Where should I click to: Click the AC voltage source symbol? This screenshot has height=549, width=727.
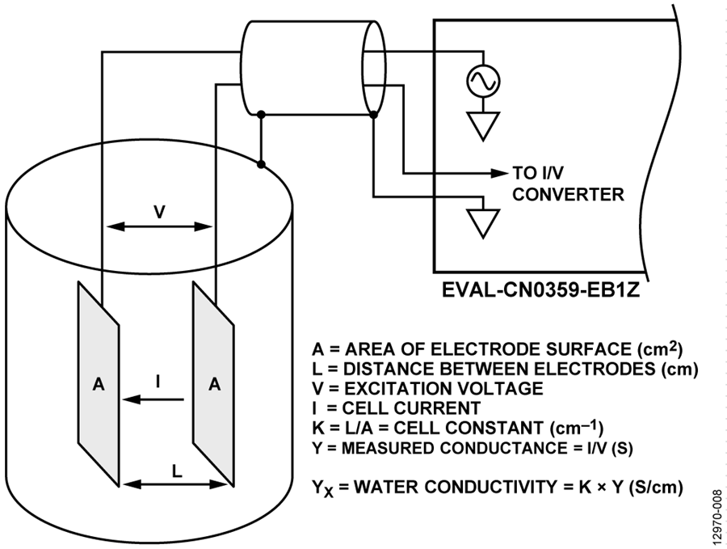pyautogui.click(x=483, y=81)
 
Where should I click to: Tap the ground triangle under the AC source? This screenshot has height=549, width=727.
pyautogui.click(x=483, y=126)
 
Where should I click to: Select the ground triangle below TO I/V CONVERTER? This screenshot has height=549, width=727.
pyautogui.click(x=483, y=224)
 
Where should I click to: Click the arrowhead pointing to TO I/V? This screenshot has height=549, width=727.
pyautogui.click(x=499, y=174)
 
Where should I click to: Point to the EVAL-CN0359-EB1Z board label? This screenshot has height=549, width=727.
pyautogui.click(x=541, y=290)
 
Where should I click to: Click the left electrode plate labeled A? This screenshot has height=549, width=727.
pyautogui.click(x=99, y=384)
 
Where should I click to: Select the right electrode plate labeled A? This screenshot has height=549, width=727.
pyautogui.click(x=213, y=384)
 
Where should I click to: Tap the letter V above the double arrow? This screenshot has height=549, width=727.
pyautogui.click(x=159, y=212)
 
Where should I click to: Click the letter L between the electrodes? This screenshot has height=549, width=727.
pyautogui.click(x=177, y=471)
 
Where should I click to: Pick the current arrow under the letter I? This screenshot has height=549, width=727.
pyautogui.click(x=153, y=399)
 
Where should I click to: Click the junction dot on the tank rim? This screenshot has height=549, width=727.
pyautogui.click(x=261, y=164)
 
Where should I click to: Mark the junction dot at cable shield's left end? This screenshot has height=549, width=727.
pyautogui.click(x=261, y=114)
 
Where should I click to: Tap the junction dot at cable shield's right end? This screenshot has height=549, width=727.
pyautogui.click(x=374, y=114)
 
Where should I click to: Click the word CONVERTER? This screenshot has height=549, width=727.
pyautogui.click(x=568, y=194)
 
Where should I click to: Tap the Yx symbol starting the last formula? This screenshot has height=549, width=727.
pyautogui.click(x=322, y=488)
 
